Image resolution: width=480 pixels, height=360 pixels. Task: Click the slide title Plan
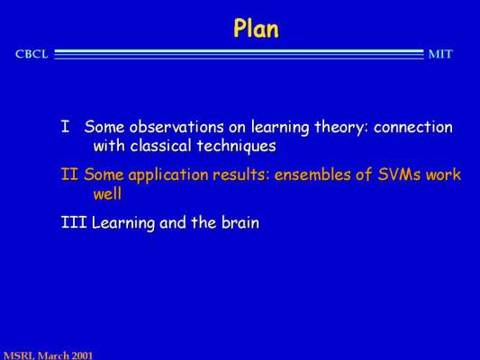coord(257,29)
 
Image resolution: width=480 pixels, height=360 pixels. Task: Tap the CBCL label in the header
coord(32,54)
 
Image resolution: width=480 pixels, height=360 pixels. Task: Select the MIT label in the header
coord(440,54)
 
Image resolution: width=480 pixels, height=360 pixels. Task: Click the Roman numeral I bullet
coord(65,127)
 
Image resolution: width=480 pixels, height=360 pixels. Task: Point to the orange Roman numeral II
coord(69,175)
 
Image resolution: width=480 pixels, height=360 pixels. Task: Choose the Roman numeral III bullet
coord(74,222)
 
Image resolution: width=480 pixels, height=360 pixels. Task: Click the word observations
coord(177,127)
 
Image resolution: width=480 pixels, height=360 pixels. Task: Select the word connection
coord(413,127)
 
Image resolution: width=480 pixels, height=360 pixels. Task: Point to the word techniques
coord(237,146)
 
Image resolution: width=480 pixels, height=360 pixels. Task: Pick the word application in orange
coord(169,175)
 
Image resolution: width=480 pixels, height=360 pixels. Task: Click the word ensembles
coord(312,175)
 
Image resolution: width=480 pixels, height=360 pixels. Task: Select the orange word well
coord(107,193)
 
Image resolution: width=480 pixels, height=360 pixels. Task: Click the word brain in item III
coord(240,222)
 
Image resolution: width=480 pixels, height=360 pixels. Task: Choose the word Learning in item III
coord(123,223)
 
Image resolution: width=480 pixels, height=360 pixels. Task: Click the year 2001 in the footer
coord(82,355)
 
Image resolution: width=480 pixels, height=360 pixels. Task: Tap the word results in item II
coord(241,175)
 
